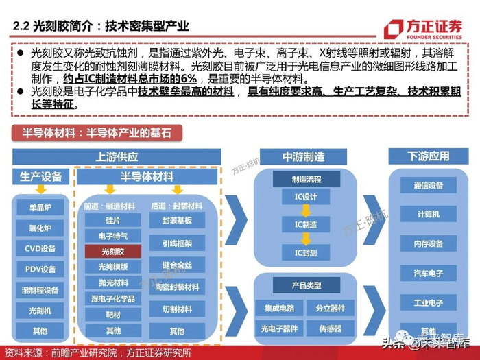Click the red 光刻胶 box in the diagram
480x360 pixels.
point(113,251)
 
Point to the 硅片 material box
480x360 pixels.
point(113,220)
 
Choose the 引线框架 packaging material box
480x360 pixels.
point(177,243)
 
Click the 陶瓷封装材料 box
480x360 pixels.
point(177,287)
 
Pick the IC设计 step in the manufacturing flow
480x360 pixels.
point(306,197)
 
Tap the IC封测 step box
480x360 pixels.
point(306,253)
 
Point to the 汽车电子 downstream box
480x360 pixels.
point(429,274)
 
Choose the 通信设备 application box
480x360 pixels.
point(429,185)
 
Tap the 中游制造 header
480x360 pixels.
point(304,156)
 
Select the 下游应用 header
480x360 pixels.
point(429,156)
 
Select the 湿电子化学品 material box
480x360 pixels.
point(113,299)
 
